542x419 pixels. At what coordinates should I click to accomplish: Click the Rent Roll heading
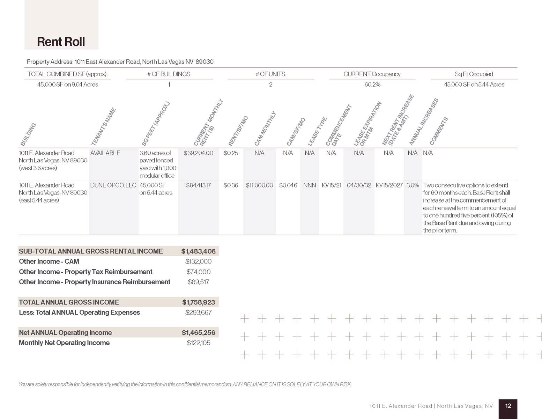pos(61,42)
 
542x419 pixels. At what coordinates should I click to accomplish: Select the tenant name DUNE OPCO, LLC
pos(113,185)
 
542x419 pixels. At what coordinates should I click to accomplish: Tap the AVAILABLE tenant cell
pos(105,153)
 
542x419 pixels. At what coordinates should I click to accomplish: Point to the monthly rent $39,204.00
pos(198,153)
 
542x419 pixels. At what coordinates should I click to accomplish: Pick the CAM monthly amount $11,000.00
pos(259,185)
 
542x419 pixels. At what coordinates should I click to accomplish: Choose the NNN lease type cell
pos(309,185)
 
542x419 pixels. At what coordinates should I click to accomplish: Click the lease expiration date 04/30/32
pos(359,185)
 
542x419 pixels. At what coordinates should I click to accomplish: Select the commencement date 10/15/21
pos(331,185)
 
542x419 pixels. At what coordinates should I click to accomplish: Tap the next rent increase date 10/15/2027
pos(389,185)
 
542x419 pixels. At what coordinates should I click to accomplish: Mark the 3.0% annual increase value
pos(413,185)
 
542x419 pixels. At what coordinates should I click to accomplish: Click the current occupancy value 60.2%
pos(372,84)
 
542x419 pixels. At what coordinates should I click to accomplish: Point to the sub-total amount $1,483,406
pos(198,251)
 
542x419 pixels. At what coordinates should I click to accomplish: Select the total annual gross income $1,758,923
pos(198,302)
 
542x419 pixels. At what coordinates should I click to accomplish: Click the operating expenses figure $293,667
pos(198,313)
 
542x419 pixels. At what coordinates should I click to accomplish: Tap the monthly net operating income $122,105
pos(198,343)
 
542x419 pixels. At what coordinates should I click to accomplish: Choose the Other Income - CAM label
pos(49,262)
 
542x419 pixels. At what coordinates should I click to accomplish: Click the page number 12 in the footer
pos(508,406)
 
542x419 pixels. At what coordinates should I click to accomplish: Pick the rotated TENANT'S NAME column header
pos(103,126)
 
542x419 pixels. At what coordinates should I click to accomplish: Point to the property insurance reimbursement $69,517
pos(198,282)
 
